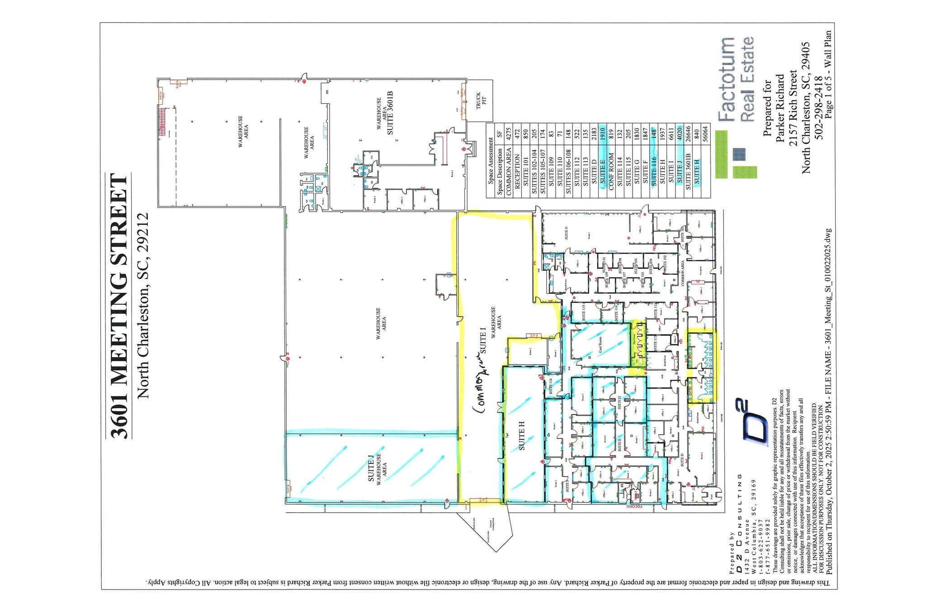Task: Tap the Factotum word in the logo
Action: (727, 79)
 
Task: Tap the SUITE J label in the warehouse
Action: (371, 468)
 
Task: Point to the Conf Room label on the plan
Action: (600, 345)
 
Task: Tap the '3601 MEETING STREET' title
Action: (119, 306)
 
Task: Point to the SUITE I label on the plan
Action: (482, 342)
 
